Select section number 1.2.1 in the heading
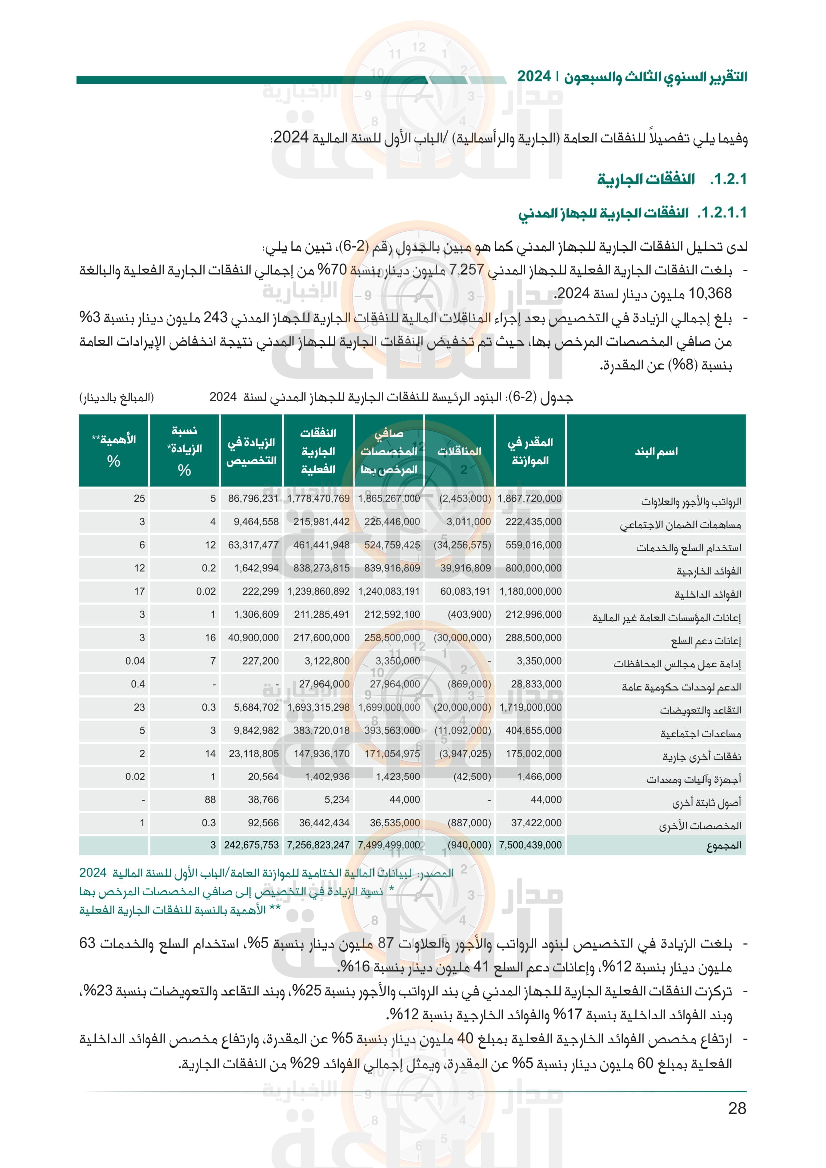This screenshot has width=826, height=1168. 728,180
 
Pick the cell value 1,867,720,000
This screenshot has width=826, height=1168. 529,499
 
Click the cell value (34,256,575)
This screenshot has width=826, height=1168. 462,545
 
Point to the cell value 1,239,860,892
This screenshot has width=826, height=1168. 319,592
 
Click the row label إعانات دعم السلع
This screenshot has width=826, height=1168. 706,641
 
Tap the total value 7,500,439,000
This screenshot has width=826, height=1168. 530,845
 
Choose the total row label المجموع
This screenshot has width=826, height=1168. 723,846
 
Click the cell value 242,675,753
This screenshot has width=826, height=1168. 251,845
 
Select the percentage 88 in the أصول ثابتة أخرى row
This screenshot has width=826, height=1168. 210,800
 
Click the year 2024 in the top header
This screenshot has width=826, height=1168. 534,77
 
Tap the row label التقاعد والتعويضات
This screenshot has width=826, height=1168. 700,710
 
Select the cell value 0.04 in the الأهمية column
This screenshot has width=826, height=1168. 135,661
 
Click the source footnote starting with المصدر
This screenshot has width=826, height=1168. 266,873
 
